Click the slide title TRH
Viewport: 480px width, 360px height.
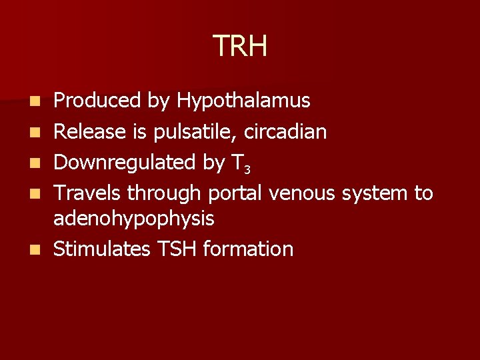coord(240,46)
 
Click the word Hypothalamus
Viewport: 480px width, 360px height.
coord(243,101)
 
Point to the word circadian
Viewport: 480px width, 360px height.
coord(285,132)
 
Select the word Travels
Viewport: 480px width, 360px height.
coord(87,193)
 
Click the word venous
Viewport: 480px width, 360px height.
coord(303,194)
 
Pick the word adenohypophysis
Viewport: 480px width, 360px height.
coord(133,219)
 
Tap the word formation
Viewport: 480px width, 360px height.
coord(248,249)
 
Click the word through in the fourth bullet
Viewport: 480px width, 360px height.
coord(164,194)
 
